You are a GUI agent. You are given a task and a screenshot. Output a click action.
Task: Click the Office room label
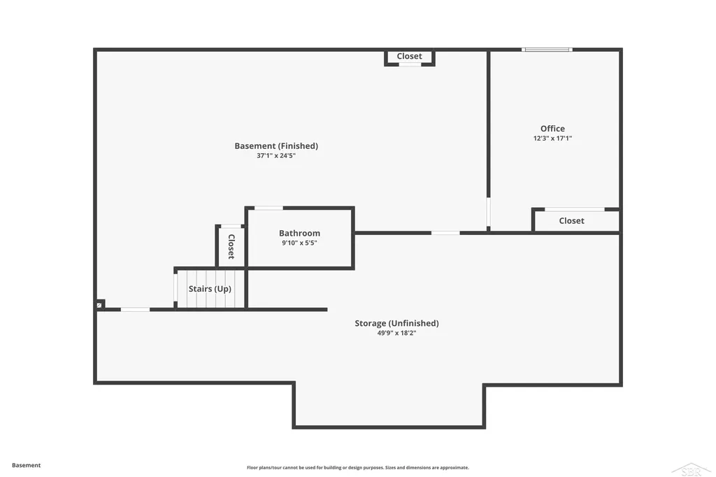[552, 129]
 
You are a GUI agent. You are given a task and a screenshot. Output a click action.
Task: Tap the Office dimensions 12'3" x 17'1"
[552, 138]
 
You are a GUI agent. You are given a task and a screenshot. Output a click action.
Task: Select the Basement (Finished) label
[276, 145]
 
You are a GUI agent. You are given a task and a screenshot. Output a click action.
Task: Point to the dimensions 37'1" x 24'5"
[275, 155]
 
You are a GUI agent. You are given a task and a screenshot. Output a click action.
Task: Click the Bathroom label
[299, 233]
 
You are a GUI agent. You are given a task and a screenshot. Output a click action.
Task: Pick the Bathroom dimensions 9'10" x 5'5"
[299, 243]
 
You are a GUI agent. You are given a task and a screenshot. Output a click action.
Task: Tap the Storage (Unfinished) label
[397, 323]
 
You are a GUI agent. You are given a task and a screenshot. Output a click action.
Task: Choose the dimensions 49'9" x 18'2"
[396, 333]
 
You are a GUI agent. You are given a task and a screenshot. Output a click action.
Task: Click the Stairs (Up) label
[210, 289]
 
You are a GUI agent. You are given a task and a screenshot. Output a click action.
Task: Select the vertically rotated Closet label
[231, 247]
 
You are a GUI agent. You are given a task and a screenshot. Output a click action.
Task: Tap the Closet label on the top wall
[409, 56]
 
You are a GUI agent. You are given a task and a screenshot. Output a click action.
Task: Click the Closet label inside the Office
[572, 221]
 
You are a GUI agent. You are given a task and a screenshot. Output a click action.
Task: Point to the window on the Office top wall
[547, 50]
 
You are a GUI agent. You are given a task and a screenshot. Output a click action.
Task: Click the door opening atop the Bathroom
[268, 208]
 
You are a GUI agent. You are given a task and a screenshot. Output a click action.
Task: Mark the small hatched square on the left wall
[99, 305]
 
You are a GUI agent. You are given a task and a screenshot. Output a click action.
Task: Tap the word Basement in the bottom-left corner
[26, 465]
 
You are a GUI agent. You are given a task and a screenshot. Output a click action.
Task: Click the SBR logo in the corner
[691, 469]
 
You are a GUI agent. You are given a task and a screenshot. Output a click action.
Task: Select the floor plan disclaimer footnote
[358, 467]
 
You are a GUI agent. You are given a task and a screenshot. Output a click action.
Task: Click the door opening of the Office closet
[575, 209]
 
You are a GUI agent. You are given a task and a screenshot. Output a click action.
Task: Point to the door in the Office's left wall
[488, 212]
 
